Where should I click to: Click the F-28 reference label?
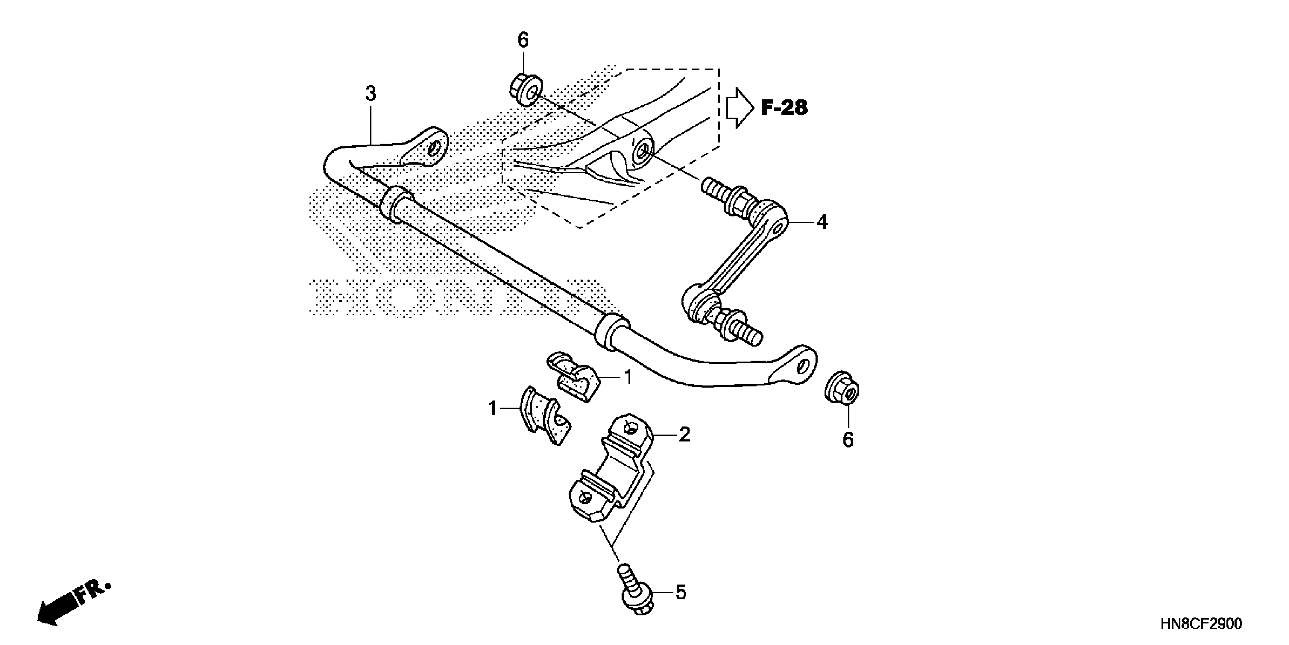pos(784,108)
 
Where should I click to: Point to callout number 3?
pos(370,94)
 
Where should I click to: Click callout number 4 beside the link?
pos(822,222)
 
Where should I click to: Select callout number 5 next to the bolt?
pos(681,593)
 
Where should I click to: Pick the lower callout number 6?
pos(848,440)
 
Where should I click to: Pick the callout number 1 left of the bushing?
pos(493,409)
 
